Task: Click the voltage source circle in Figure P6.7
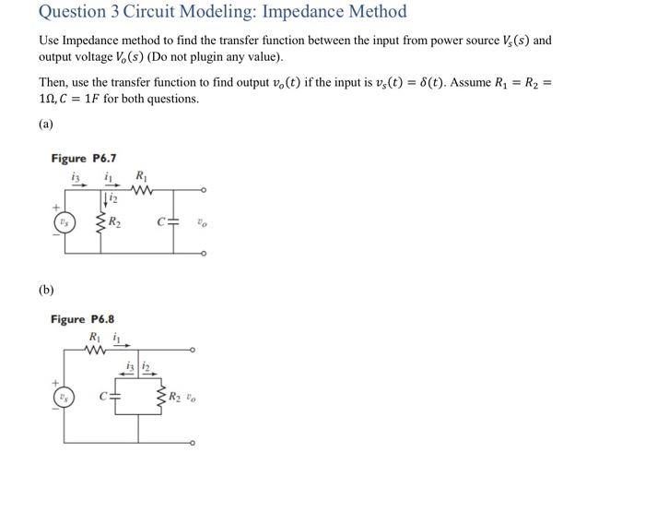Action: tap(63, 222)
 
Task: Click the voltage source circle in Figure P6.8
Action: tap(63, 398)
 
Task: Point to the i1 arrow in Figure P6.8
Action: tap(118, 346)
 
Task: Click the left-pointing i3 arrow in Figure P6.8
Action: tap(130, 376)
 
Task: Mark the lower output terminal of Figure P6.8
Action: tap(193, 444)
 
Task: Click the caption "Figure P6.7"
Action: tap(83, 158)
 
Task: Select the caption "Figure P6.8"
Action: tap(83, 319)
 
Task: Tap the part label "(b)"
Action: tap(46, 290)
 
